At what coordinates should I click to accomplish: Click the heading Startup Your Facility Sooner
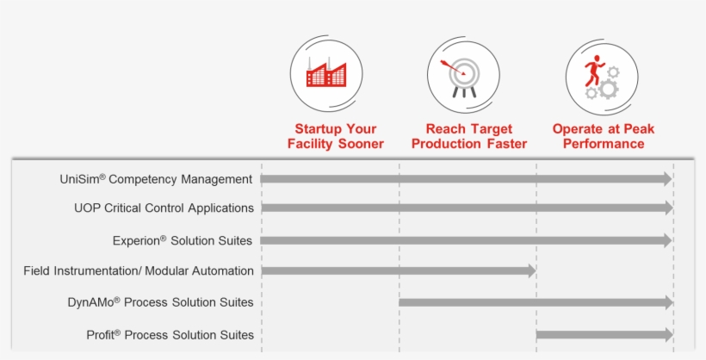click(x=335, y=136)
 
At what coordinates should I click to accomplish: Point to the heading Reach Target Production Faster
click(x=468, y=136)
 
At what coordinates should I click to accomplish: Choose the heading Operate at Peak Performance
click(x=604, y=136)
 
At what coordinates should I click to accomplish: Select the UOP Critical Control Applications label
click(x=164, y=208)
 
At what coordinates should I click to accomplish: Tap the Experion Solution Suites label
click(x=183, y=240)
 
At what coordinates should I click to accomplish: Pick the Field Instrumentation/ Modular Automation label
click(x=139, y=270)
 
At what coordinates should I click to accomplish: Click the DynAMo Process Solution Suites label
click(x=160, y=302)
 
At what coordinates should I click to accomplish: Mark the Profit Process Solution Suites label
click(x=170, y=334)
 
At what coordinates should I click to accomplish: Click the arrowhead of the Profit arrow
click(x=667, y=334)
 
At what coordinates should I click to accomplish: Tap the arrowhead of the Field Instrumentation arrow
click(x=530, y=270)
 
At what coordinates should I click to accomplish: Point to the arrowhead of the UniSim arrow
click(x=667, y=178)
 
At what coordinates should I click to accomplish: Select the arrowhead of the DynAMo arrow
click(x=667, y=302)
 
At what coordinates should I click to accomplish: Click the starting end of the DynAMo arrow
click(x=401, y=302)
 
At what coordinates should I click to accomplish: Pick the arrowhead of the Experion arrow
click(x=667, y=240)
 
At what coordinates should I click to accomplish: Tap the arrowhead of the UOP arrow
click(x=667, y=208)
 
